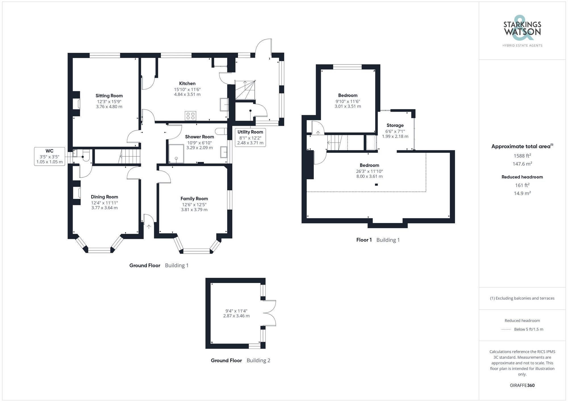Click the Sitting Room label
[x=109, y=96]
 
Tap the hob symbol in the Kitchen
[x=190, y=116]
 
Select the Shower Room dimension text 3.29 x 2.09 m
[x=199, y=148]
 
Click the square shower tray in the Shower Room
[x=176, y=154]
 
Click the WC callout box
[x=49, y=156]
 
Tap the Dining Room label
[x=104, y=197]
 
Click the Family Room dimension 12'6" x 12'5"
[x=194, y=205]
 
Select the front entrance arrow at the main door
[x=149, y=226]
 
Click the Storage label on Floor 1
[x=395, y=125]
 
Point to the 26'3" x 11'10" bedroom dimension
[x=369, y=171]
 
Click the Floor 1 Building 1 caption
[x=378, y=240]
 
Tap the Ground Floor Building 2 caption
[x=240, y=361]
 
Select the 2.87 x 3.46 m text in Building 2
[x=236, y=316]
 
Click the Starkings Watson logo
[x=522, y=32]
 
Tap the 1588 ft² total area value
[x=522, y=156]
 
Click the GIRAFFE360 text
[x=522, y=386]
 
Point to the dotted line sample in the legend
[x=506, y=330]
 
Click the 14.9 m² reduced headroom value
[x=522, y=193]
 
